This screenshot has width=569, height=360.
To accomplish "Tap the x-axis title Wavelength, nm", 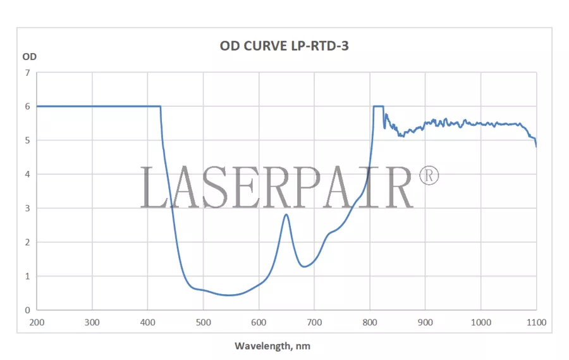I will (x=272, y=346).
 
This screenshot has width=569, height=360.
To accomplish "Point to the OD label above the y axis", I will (x=30, y=56).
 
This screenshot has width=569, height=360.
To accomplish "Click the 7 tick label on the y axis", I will (x=27, y=73).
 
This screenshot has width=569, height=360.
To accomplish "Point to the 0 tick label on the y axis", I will (x=27, y=310).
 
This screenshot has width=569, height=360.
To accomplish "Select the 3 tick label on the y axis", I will (x=27, y=208).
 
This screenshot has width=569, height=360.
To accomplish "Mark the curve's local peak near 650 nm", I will (x=286, y=214).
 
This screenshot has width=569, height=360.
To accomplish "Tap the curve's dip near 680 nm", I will (x=304, y=266).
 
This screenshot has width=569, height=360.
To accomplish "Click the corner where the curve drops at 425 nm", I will (x=161, y=106).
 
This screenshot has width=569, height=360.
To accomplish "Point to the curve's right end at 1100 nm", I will (x=536, y=146).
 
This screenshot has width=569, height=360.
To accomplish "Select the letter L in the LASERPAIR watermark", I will (x=153, y=188).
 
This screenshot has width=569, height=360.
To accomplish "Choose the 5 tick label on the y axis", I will (x=27, y=140).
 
